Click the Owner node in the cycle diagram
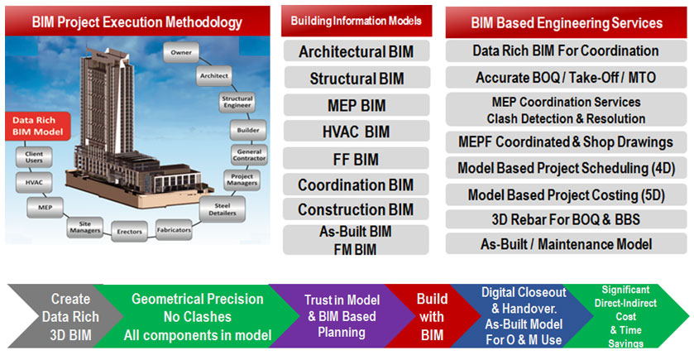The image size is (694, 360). point(181,52)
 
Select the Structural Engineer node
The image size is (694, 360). point(237,103)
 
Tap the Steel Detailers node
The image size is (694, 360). point(223,209)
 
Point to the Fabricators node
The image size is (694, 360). point(174,230)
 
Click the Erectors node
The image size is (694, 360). point(129,232)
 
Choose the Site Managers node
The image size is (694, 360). point(85,227)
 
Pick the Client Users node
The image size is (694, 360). point(34,156)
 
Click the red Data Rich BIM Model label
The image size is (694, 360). point(37,126)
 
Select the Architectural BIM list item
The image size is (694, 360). point(357,51)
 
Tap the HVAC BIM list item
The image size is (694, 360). point(357,132)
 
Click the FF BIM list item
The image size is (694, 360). point(357,159)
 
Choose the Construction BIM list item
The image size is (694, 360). point(357,209)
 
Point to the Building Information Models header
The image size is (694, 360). point(357,21)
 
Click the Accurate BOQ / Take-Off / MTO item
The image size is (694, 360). point(566,78)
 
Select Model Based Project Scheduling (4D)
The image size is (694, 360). point(566,168)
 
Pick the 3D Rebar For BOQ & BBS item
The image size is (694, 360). point(566,219)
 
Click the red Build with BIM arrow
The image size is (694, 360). point(432,316)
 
